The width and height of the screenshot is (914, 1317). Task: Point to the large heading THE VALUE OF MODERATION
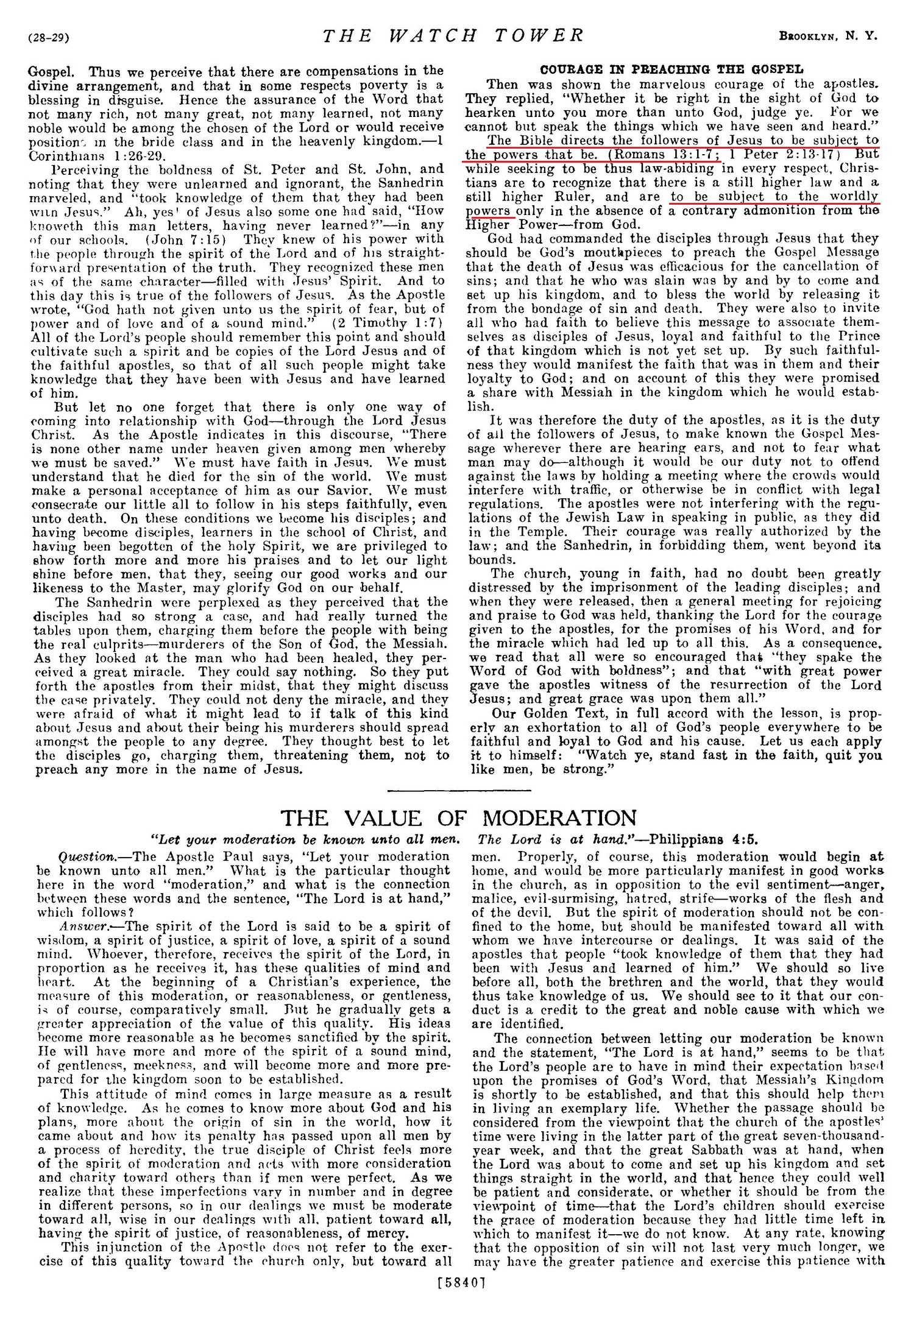coord(458,817)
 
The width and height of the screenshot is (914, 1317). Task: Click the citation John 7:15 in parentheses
coord(194,239)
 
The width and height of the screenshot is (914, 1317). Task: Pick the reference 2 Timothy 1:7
coord(390,323)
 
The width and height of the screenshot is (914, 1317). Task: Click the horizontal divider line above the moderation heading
coord(459,790)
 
